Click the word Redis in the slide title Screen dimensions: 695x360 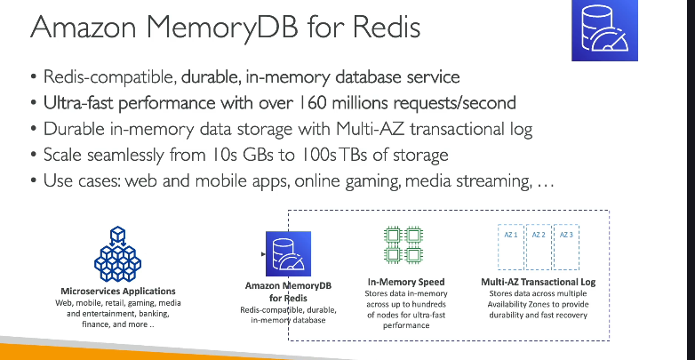pos(386,27)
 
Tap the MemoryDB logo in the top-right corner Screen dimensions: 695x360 pos(604,30)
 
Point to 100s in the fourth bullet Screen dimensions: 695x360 pos(318,155)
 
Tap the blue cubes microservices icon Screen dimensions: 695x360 pos(117,254)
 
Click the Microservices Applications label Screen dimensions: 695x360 pos(118,292)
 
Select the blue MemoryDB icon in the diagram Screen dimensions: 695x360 pos(288,253)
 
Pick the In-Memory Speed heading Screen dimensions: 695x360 pos(406,282)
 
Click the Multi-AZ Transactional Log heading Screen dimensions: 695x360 pos(538,282)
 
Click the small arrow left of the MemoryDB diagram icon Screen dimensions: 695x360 pos(263,254)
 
